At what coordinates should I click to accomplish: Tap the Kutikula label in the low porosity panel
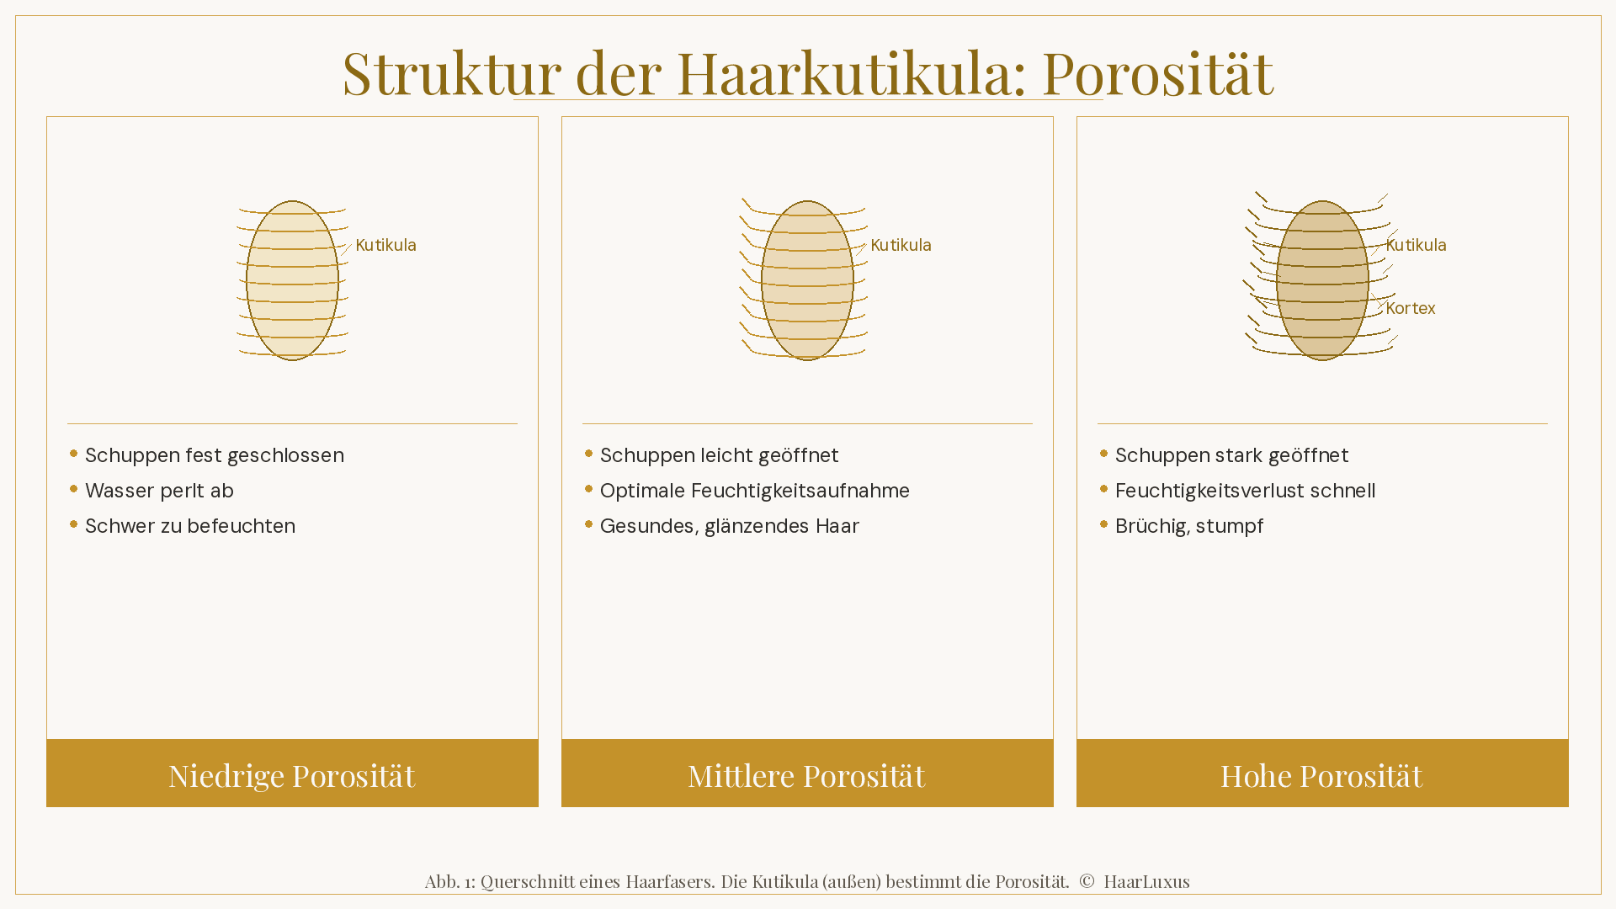pos(385,245)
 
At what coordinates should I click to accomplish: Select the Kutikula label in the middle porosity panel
pos(901,245)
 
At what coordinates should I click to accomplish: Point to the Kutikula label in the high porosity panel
pos(1416,245)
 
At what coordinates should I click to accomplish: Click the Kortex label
pos(1410,308)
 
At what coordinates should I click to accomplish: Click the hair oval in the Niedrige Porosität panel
pos(292,280)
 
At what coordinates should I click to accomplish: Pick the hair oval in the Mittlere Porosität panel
pos(807,280)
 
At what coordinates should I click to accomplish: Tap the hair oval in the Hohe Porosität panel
pos(1322,280)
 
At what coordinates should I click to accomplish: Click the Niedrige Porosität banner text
pos(292,775)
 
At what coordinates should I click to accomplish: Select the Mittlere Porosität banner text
pos(806,775)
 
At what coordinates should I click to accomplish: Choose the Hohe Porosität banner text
pos(1321,775)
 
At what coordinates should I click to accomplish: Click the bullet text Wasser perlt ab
pos(159,491)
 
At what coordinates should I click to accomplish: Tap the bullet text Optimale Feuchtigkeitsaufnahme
pos(754,491)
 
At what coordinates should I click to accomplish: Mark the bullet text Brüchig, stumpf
pos(1188,526)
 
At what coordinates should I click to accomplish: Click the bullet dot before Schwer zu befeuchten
pos(74,524)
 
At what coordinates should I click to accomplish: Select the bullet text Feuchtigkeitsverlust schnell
pos(1245,491)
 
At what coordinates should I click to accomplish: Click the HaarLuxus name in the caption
pos(1146,881)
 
